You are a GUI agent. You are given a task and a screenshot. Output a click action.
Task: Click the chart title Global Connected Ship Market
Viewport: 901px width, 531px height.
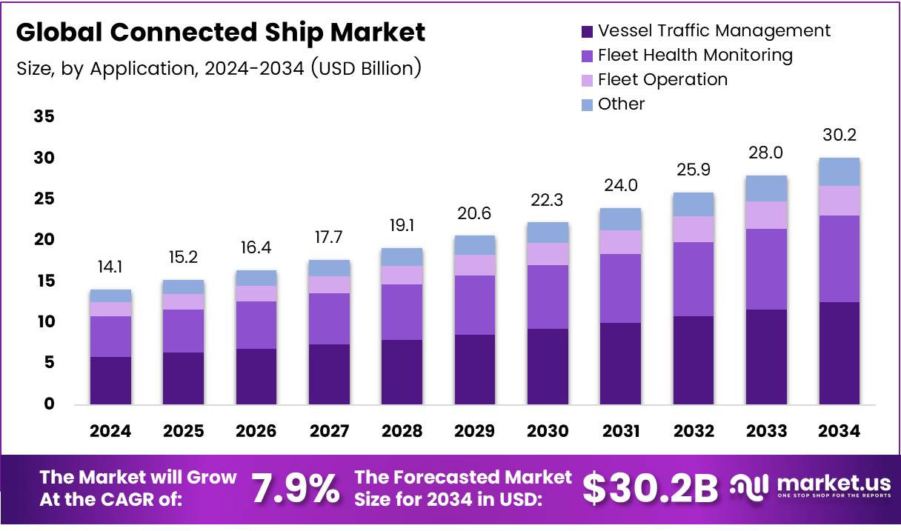pyautogui.click(x=221, y=33)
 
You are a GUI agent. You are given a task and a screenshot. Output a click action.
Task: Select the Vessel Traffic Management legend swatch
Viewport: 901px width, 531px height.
pyautogui.click(x=587, y=31)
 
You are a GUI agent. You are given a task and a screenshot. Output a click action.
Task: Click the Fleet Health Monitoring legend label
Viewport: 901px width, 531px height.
pyautogui.click(x=695, y=55)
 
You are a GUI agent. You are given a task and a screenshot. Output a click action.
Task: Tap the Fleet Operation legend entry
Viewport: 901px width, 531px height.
pyautogui.click(x=662, y=79)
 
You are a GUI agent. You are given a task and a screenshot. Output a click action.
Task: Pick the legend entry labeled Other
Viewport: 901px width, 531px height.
pyautogui.click(x=621, y=104)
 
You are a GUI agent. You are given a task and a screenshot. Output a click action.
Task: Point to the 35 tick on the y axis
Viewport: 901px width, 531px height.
pyautogui.click(x=44, y=117)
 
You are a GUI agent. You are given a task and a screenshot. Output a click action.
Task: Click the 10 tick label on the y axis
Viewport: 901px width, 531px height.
pyautogui.click(x=44, y=322)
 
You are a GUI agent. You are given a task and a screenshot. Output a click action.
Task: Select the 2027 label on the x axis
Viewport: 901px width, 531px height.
pyautogui.click(x=329, y=431)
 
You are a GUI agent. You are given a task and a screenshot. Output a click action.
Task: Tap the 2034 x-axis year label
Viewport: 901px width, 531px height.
pyautogui.click(x=839, y=431)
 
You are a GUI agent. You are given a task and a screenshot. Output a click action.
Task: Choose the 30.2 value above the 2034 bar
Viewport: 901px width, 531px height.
pyautogui.click(x=839, y=136)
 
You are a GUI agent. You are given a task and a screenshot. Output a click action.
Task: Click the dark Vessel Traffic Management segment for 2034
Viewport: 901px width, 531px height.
pyautogui.click(x=839, y=353)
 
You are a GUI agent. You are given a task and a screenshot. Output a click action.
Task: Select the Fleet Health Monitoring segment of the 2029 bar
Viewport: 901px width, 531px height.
pyautogui.click(x=475, y=305)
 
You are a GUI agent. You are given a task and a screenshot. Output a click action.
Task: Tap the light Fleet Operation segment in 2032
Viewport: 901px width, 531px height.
pyautogui.click(x=693, y=229)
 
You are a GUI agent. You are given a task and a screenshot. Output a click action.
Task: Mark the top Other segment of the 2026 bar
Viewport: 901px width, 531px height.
pyautogui.click(x=256, y=278)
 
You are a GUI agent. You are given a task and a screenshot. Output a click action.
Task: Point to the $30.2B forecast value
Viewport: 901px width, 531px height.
pyautogui.click(x=650, y=488)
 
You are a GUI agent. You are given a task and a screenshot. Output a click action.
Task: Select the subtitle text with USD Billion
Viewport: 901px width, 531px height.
pyautogui.click(x=219, y=68)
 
